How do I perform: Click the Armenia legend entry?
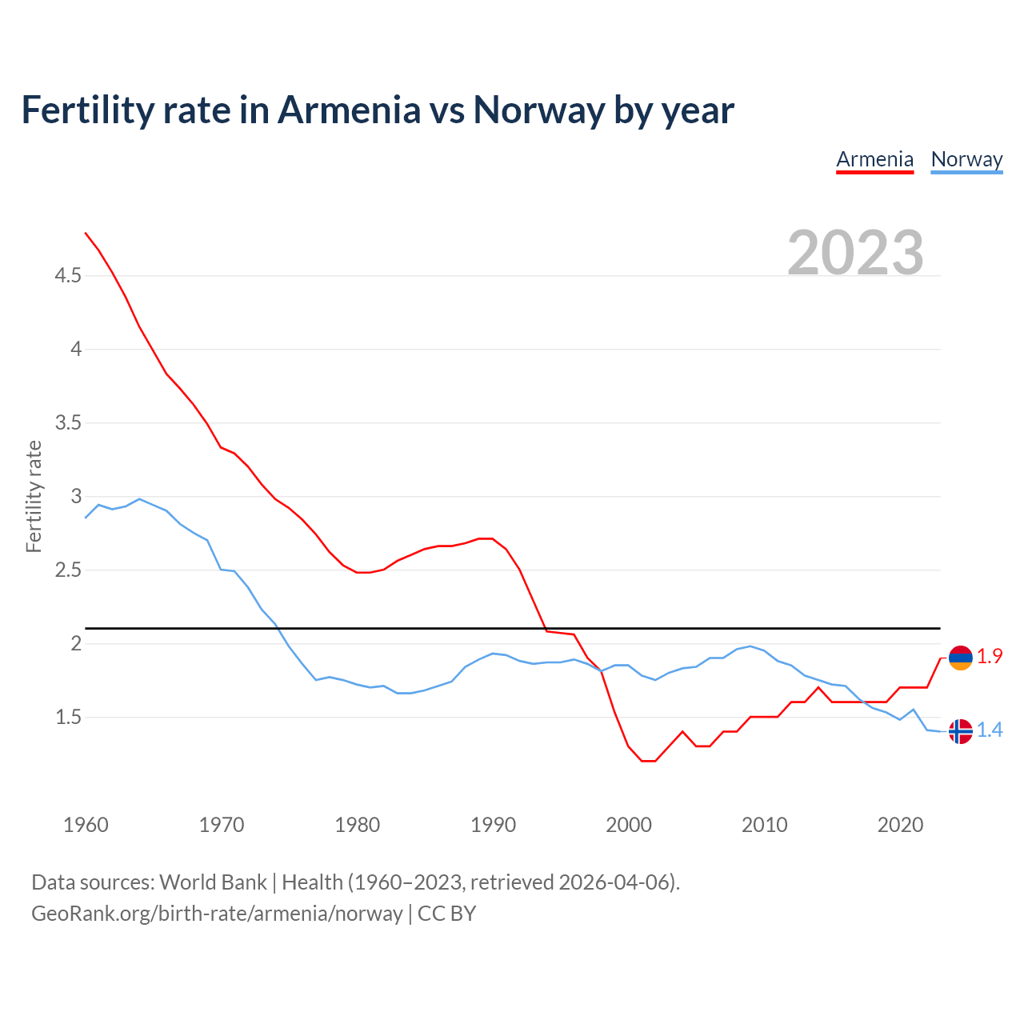point(874,159)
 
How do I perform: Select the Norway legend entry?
point(966,159)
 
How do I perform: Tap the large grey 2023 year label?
point(855,253)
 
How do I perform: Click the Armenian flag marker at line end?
point(960,658)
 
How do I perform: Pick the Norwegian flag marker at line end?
point(960,730)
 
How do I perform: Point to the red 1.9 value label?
point(990,657)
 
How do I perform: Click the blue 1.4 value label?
point(990,730)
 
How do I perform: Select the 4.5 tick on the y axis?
point(68,276)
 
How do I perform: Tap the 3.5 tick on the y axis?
point(68,423)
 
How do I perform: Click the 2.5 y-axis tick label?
point(68,570)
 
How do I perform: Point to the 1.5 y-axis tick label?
point(68,718)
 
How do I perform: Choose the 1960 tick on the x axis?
point(86,825)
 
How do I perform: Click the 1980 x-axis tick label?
point(358,825)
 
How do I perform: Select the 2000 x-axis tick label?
point(629,825)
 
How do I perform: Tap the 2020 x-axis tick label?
point(901,825)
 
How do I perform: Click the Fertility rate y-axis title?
point(34,496)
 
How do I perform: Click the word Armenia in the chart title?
point(349,110)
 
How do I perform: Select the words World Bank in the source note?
point(213,882)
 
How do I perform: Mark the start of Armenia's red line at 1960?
point(86,233)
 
